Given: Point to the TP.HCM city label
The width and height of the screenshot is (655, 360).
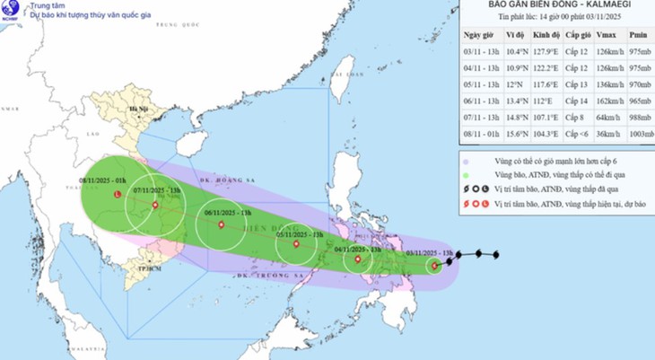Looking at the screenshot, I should tap(138, 268).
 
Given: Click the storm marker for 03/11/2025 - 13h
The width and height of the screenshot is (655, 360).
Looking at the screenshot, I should tap(434, 265).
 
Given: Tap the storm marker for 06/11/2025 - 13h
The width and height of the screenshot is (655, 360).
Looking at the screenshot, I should tap(220, 225).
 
